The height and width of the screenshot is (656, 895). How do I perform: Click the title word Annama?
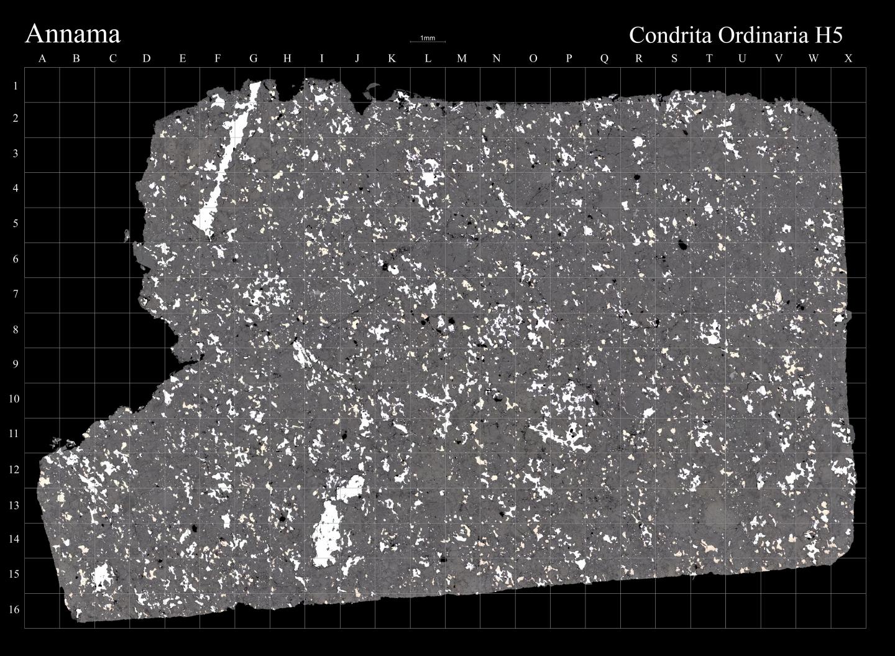pyautogui.click(x=72, y=34)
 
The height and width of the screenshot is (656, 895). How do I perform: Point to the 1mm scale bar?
pyautogui.click(x=428, y=41)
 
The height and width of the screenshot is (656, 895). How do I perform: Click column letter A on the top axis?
pyautogui.click(x=42, y=59)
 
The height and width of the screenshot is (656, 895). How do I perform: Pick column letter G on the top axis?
pyautogui.click(x=254, y=59)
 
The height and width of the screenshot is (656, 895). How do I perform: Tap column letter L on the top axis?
pyautogui.click(x=428, y=59)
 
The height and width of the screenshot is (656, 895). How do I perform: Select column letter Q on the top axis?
pyautogui.click(x=604, y=59)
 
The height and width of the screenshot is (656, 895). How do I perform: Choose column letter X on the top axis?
pyautogui.click(x=848, y=59)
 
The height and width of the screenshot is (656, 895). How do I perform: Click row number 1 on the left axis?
pyautogui.click(x=15, y=86)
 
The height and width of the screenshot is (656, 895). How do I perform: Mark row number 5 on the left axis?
pyautogui.click(x=15, y=223)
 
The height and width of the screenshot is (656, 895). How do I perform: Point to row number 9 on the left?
pyautogui.click(x=15, y=364)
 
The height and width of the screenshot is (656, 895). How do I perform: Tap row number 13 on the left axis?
pyautogui.click(x=15, y=505)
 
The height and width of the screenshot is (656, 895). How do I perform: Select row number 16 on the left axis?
pyautogui.click(x=15, y=609)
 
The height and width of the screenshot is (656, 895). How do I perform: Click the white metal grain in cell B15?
pyautogui.click(x=99, y=576)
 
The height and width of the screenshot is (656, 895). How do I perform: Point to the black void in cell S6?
pyautogui.click(x=682, y=245)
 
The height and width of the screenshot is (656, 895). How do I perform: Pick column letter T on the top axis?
pyautogui.click(x=709, y=59)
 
